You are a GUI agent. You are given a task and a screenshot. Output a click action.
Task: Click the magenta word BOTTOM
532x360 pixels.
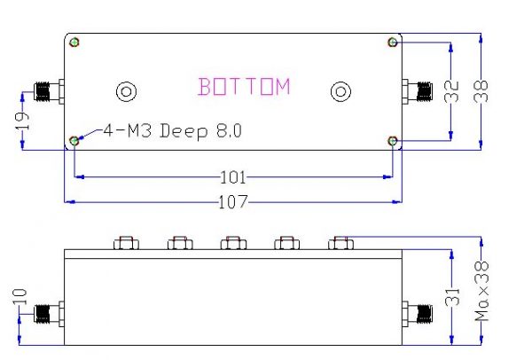click(244, 87)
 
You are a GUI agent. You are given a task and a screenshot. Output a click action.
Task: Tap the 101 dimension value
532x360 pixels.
click(232, 176)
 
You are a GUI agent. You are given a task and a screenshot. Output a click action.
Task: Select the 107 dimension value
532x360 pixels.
click(232, 202)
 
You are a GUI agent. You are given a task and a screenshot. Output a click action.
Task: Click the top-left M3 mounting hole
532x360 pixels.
click(75, 42)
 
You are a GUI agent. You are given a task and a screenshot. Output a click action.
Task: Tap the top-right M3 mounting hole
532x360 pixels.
click(392, 42)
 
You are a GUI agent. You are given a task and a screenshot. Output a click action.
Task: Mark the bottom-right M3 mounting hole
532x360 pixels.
click(392, 139)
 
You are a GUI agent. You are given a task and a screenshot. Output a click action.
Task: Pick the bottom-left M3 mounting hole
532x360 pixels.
click(75, 139)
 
